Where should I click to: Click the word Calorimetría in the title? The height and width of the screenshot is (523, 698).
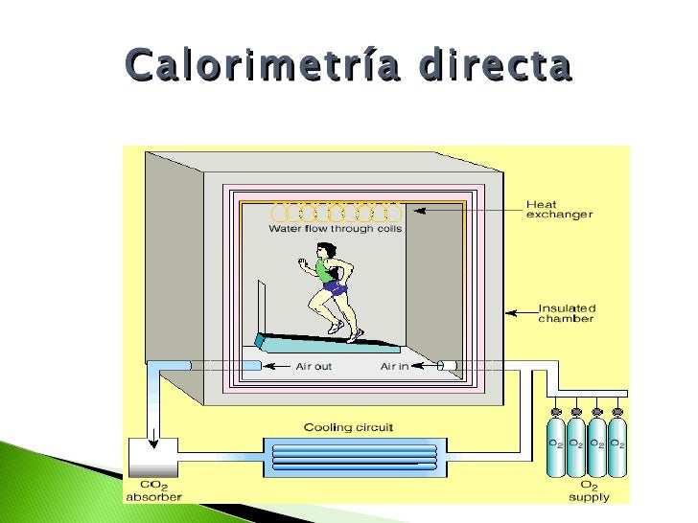coord(248,66)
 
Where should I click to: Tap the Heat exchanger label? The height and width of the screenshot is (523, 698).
coord(559,210)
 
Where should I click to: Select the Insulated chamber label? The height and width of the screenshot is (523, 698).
coord(566,313)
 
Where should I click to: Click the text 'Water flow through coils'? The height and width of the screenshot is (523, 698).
coord(335,229)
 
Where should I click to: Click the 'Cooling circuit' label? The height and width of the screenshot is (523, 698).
coord(348,427)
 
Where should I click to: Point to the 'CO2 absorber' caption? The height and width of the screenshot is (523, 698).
coord(153,490)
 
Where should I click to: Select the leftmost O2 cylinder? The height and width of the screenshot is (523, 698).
coord(555,445)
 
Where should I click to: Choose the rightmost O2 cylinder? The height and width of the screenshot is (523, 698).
coord(617,445)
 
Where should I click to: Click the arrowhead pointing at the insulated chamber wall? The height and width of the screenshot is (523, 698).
coord(510,310)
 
